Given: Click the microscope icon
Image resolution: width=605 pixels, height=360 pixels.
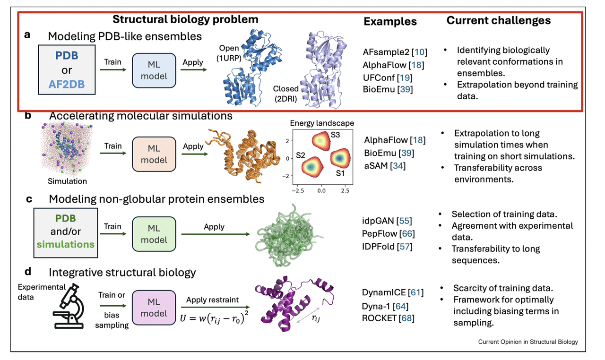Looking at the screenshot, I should [71, 307].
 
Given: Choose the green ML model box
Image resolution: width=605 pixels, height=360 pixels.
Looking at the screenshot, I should [154, 234].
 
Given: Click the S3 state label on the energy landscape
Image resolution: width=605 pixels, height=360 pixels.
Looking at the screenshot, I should [335, 134].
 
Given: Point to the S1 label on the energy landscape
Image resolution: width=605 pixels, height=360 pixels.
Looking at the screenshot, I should [340, 173].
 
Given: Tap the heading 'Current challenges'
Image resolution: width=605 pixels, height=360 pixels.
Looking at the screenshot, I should [499, 20].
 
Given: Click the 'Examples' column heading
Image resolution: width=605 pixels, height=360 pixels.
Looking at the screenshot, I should [390, 21].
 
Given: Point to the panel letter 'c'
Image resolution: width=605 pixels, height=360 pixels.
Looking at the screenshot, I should [29, 199].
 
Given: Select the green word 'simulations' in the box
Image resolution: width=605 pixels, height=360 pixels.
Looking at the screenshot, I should [66, 244].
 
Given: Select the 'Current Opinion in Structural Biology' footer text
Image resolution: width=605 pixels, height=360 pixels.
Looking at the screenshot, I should [527, 342].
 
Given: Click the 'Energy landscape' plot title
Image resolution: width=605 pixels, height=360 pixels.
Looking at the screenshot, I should [321, 123].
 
